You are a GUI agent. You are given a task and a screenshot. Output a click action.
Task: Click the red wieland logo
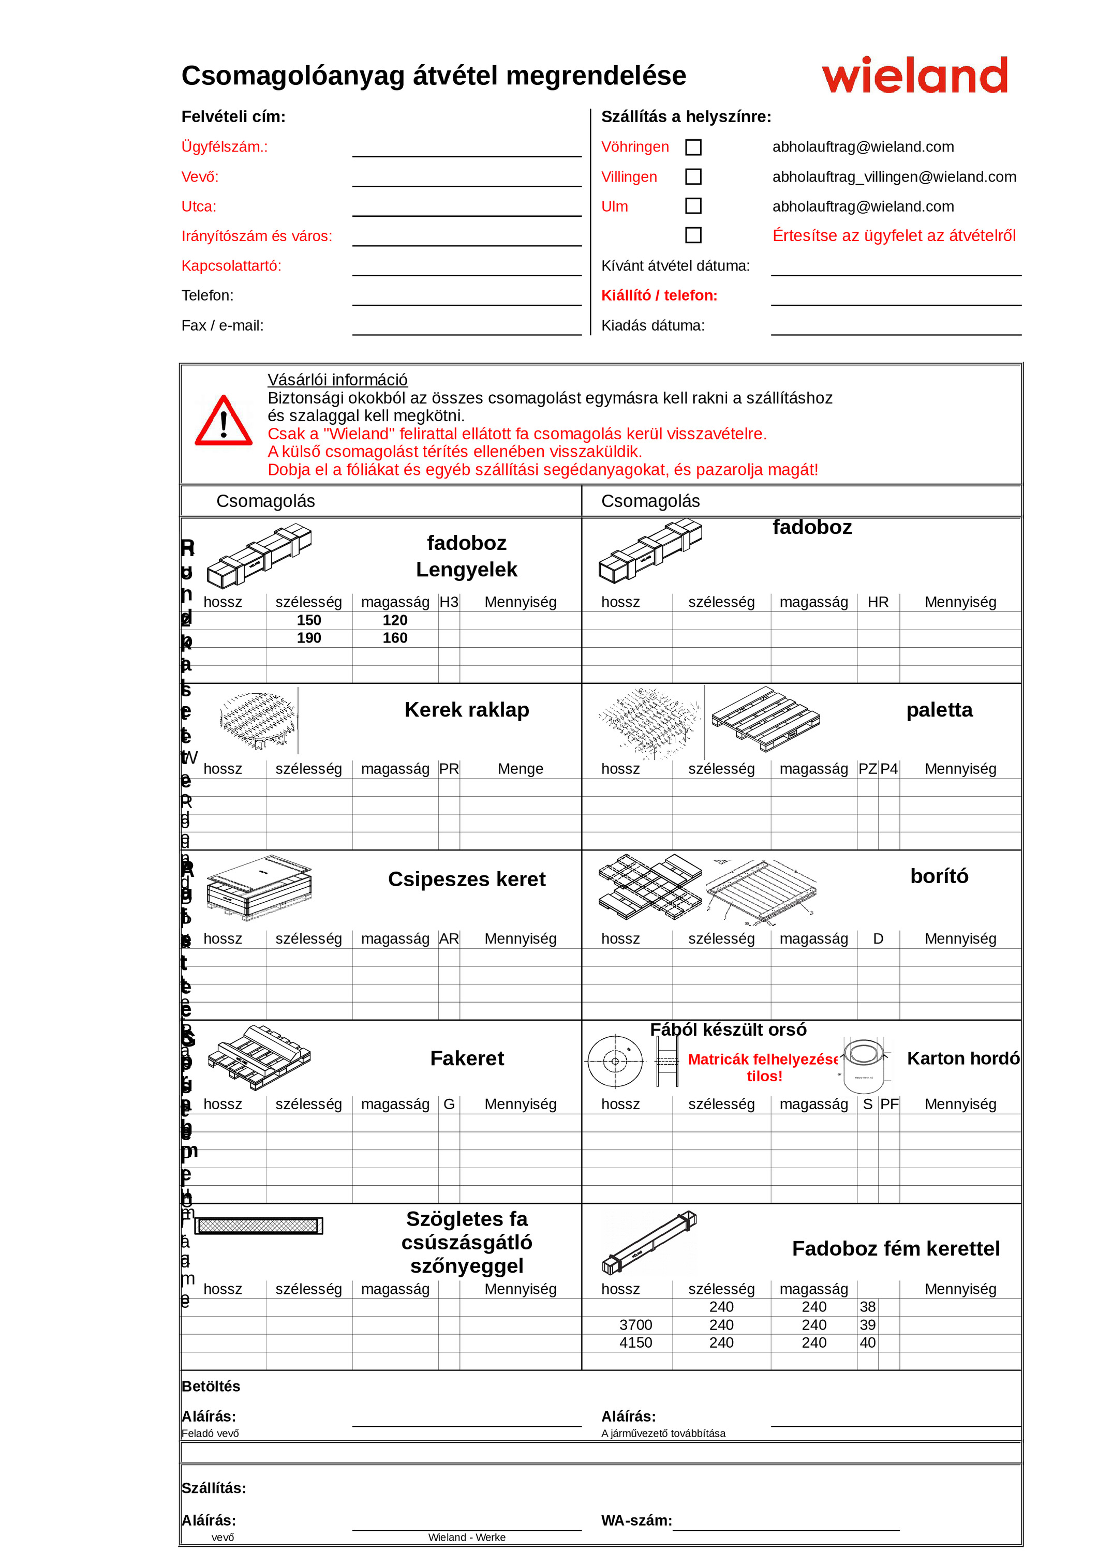coord(914,75)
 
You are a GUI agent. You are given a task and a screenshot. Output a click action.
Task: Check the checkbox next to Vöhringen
coord(693,147)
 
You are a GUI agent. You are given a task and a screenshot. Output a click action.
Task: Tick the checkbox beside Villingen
coord(693,177)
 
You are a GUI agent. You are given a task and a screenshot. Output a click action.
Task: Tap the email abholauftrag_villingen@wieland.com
coord(894,177)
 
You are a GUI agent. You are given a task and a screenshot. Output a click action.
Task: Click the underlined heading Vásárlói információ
coord(337,380)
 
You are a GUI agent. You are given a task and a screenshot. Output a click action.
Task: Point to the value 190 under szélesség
coord(309,638)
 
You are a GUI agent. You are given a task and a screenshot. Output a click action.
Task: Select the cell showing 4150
coord(635,1342)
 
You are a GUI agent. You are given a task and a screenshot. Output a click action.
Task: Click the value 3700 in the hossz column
coord(635,1325)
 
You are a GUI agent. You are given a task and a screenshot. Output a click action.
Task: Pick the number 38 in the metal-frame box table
coord(867,1307)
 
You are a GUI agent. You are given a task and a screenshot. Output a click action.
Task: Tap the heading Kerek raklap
coord(466,710)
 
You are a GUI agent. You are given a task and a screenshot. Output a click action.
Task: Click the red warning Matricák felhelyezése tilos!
coord(764,1067)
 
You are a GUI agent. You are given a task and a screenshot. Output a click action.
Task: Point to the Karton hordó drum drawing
coord(863,1065)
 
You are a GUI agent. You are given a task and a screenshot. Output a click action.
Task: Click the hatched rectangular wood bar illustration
coord(258,1226)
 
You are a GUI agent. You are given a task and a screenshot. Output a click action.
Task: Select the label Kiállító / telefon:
coord(659,295)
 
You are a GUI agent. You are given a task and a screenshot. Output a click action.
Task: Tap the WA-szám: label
coord(636,1520)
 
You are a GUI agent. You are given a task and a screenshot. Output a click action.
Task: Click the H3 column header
coord(449,602)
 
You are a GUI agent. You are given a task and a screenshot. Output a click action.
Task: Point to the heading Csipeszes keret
coord(466,879)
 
